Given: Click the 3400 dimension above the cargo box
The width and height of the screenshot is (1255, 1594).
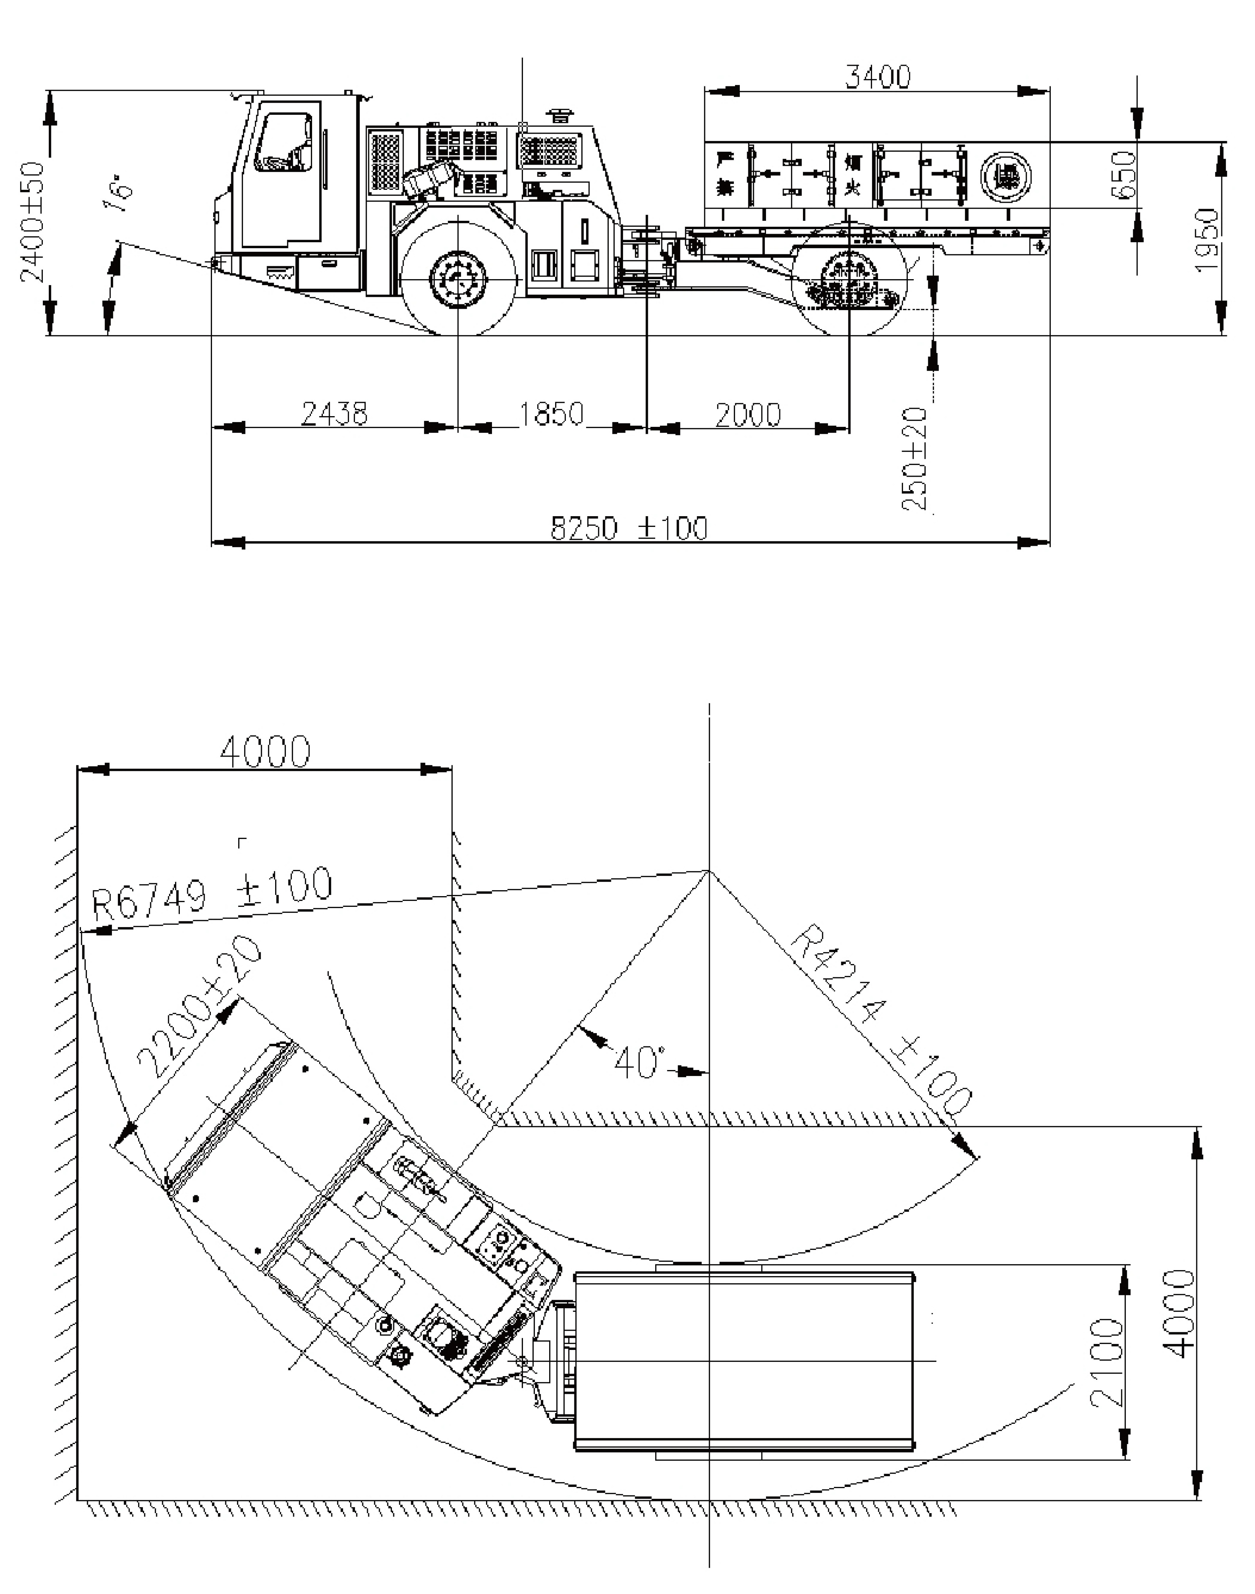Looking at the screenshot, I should [877, 76].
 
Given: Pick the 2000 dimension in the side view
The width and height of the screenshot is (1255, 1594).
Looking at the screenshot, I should [748, 414].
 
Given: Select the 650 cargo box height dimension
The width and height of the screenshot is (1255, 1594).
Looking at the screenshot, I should [1124, 174].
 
